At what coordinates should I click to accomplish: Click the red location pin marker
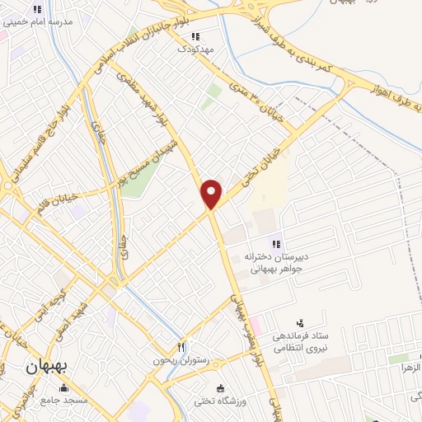point(212,194)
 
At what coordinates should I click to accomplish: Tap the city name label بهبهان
point(49,364)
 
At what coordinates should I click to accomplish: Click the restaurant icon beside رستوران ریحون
point(181,347)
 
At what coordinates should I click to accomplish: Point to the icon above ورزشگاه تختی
point(219,388)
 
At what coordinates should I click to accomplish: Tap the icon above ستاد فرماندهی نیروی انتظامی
point(299,322)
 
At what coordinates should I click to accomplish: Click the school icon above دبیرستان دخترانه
point(277,244)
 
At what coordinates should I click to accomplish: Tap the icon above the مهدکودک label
point(195,36)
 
